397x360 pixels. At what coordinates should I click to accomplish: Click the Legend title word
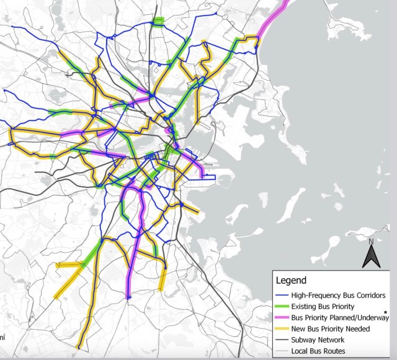tap(292, 281)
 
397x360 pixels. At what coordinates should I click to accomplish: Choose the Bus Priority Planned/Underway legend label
tap(341, 318)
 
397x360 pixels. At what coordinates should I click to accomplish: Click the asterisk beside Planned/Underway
tap(386, 313)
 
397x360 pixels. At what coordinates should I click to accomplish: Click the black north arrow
tap(370, 256)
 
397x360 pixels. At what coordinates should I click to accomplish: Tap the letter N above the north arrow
tap(370, 241)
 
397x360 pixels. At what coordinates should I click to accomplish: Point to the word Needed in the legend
tap(356, 329)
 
